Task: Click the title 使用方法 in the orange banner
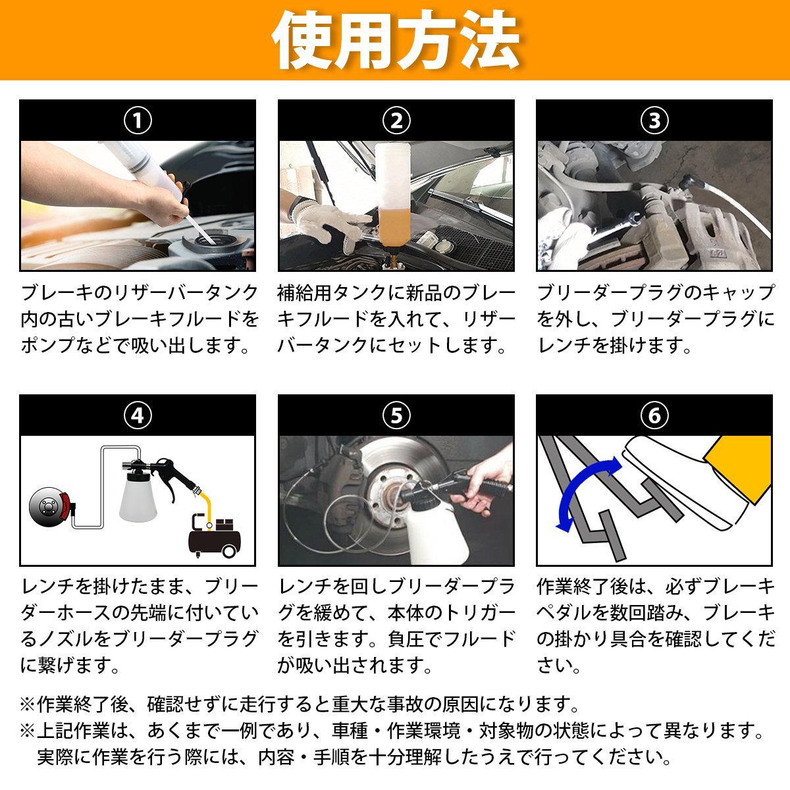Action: coord(396,39)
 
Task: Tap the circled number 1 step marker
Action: coord(138,120)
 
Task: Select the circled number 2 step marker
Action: coord(396,120)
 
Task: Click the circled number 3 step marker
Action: coord(654,120)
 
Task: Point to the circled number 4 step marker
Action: coord(138,415)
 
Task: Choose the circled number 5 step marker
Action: coord(396,415)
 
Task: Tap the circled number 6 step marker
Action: coord(654,415)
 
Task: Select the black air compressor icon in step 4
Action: coord(214,535)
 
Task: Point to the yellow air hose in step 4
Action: coord(205,508)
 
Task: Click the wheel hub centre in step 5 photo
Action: coord(387,498)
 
